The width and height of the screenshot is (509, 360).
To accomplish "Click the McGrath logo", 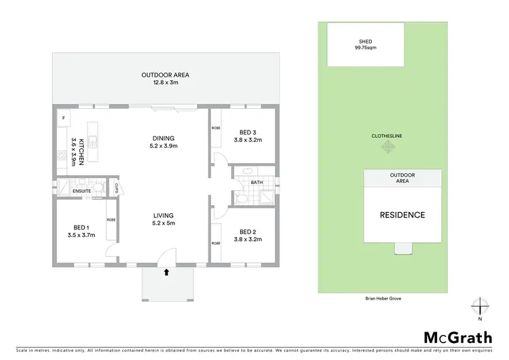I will (458, 338).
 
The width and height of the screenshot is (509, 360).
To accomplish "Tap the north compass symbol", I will (480, 306).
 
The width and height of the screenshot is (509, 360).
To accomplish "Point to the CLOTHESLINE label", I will (386, 136).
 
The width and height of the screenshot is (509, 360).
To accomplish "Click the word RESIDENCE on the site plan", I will (402, 215).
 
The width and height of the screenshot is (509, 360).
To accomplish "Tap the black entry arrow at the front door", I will (166, 273).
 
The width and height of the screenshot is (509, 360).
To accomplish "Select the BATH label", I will (256, 182).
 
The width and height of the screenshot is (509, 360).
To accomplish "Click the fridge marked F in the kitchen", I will (64, 118).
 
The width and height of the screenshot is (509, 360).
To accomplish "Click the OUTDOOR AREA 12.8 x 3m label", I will (165, 78).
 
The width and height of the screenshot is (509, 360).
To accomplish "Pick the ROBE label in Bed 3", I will (216, 128).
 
